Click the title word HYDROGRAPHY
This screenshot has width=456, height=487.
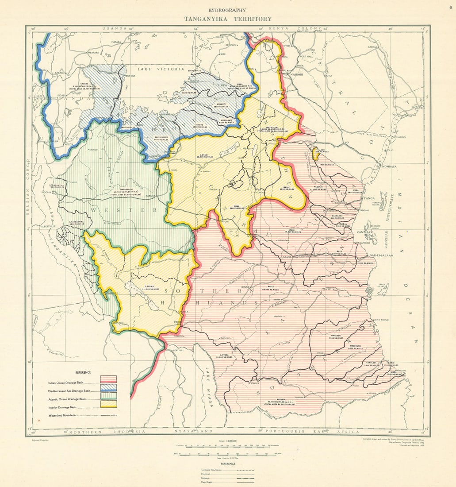click(228, 10)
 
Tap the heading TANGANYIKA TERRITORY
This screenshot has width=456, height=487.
click(228, 19)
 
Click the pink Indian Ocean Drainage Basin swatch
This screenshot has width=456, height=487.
click(108, 379)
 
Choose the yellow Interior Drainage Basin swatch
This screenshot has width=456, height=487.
click(108, 404)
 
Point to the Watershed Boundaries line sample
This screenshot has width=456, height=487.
click(108, 415)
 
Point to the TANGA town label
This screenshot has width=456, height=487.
click(368, 198)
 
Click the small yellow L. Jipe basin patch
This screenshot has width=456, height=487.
click(316, 154)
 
